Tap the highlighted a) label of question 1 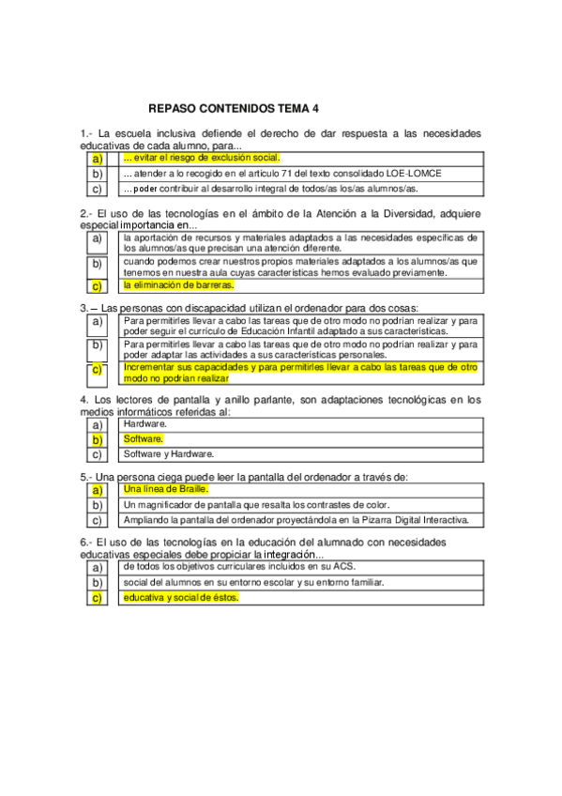click(x=97, y=160)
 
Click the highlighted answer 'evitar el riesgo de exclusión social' click(x=202, y=159)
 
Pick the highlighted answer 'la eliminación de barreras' click(x=178, y=284)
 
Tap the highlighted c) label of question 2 click(x=97, y=285)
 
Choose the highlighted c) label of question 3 click(x=97, y=369)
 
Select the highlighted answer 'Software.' click(x=144, y=439)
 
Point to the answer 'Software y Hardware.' click(x=169, y=454)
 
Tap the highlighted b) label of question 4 click(x=97, y=439)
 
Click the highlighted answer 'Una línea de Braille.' click(x=165, y=490)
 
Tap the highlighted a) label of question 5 click(x=97, y=490)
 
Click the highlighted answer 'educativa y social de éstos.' click(x=181, y=598)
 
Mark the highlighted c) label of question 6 click(x=97, y=598)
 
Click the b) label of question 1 click(x=97, y=175)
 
